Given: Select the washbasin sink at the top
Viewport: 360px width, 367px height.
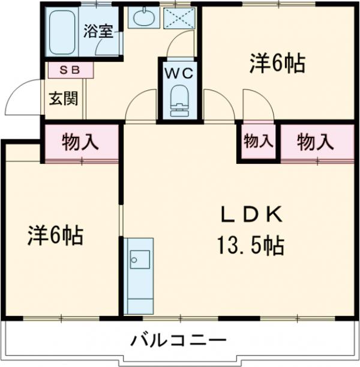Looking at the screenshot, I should click(143, 18).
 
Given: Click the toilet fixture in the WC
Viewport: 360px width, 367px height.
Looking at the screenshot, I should click(178, 101).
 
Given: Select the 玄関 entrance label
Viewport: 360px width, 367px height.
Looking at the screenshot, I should click(63, 98).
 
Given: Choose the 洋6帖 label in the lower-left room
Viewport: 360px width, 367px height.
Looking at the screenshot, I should click(55, 235).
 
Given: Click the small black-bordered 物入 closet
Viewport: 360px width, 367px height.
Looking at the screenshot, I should click(259, 142).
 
